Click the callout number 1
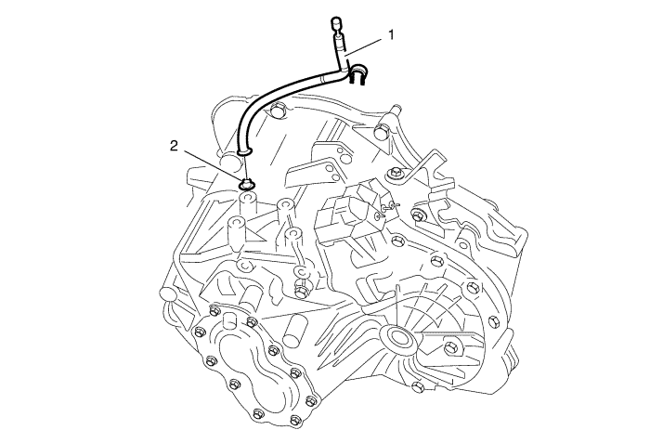click(391, 35)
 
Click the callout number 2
click(175, 146)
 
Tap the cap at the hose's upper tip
click(335, 22)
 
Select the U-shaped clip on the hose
click(357, 74)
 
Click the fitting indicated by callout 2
click(248, 184)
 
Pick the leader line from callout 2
click(213, 167)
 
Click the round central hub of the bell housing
click(397, 336)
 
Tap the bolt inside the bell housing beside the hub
click(451, 347)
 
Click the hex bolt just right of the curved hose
click(277, 112)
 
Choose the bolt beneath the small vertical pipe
click(302, 289)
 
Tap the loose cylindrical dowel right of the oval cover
click(293, 331)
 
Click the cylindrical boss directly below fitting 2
click(248, 202)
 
